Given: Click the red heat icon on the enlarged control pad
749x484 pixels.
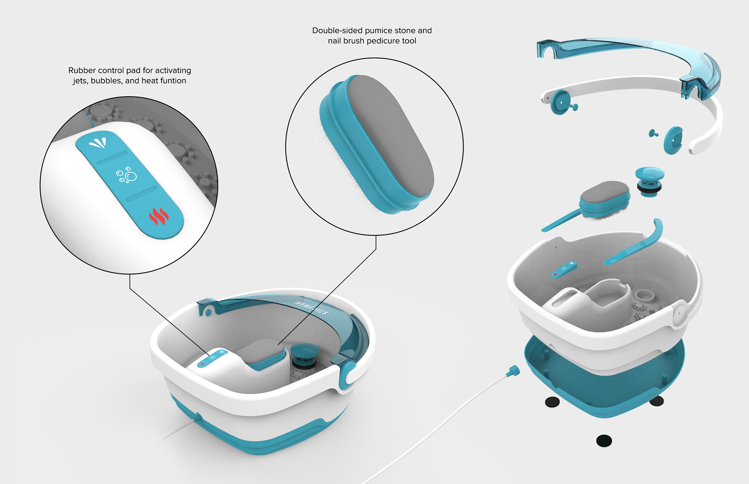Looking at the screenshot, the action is (x=159, y=217).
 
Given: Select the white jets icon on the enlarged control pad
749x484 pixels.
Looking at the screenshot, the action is (x=98, y=143).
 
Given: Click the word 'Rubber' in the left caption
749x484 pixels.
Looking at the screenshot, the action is (x=82, y=71).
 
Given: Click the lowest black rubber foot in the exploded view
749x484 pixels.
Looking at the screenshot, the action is (x=604, y=441).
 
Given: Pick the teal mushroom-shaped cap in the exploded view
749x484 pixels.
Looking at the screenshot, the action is (x=650, y=178).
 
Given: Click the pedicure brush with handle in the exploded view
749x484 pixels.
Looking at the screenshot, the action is (x=597, y=203).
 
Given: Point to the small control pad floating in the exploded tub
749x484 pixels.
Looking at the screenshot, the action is (x=563, y=269).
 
